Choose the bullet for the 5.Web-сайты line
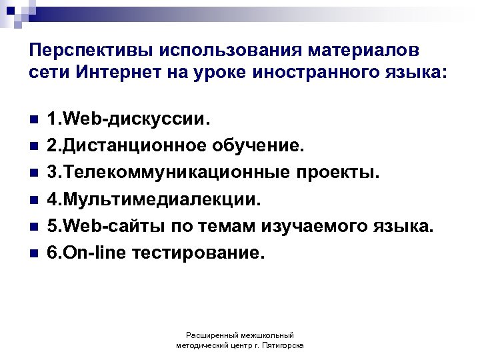[x=33, y=227]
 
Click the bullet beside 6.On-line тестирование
[x=33, y=253]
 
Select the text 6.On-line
[x=85, y=253]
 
